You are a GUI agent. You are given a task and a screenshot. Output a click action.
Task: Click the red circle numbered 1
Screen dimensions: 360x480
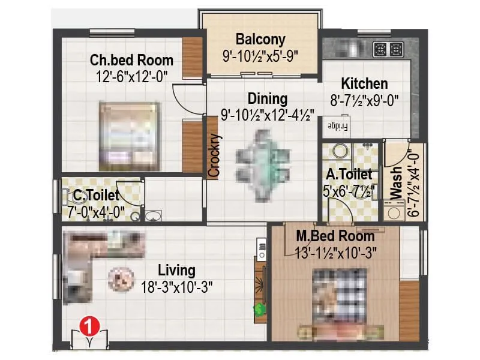[x=88, y=326]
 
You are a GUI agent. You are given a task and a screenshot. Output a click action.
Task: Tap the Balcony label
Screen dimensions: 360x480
[x=260, y=40]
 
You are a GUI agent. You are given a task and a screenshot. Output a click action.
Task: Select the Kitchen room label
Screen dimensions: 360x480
[x=364, y=83]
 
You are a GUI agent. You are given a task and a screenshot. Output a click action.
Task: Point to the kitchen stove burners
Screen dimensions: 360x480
[x=388, y=48]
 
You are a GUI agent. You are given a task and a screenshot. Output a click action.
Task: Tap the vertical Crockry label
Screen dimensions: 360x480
[x=214, y=155]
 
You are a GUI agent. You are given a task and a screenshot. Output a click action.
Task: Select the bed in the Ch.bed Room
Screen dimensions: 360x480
[x=130, y=136]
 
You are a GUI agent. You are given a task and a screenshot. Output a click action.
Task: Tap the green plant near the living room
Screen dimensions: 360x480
[x=259, y=310]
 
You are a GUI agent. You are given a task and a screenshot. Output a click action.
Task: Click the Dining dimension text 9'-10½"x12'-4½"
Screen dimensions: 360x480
[x=268, y=114]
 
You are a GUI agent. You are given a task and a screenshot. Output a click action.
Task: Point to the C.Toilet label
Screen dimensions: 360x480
[x=96, y=195]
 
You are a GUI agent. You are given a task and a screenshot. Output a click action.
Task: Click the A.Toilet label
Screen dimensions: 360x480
[x=349, y=175]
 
